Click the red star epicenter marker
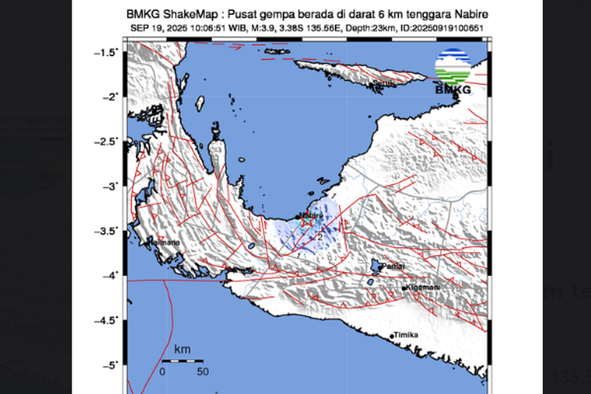[x=307, y=223]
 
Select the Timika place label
[x=407, y=335]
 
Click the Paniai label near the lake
[x=392, y=267]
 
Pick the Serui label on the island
[x=383, y=81]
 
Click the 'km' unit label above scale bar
[x=183, y=348]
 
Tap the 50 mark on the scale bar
[x=203, y=370]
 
